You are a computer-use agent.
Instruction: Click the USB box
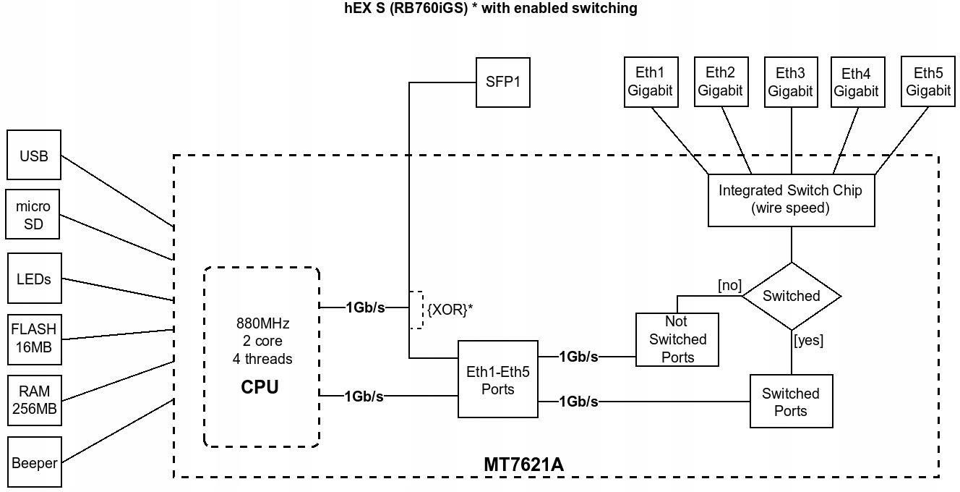click(34, 155)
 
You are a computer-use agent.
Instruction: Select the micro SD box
click(33, 214)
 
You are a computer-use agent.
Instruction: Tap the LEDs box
click(34, 279)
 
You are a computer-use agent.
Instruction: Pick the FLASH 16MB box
click(34, 340)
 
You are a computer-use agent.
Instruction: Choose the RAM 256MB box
click(34, 401)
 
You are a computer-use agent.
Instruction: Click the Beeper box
click(34, 462)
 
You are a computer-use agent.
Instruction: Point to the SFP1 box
click(502, 82)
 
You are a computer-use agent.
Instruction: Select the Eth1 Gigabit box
click(651, 82)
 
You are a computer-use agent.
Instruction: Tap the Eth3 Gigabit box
click(791, 82)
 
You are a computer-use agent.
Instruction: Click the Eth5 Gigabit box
click(928, 82)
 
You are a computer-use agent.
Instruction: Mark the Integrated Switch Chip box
click(791, 200)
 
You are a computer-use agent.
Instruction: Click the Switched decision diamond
click(792, 296)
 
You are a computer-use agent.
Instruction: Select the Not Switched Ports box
click(677, 339)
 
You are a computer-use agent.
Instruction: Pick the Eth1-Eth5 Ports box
click(498, 379)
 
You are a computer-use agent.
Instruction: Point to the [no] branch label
click(730, 285)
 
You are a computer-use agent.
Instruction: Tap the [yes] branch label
click(809, 340)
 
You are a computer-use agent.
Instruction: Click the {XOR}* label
click(450, 309)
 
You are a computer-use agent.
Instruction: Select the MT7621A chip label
click(523, 465)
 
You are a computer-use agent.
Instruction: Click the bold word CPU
click(260, 387)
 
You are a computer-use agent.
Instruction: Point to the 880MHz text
click(262, 323)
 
